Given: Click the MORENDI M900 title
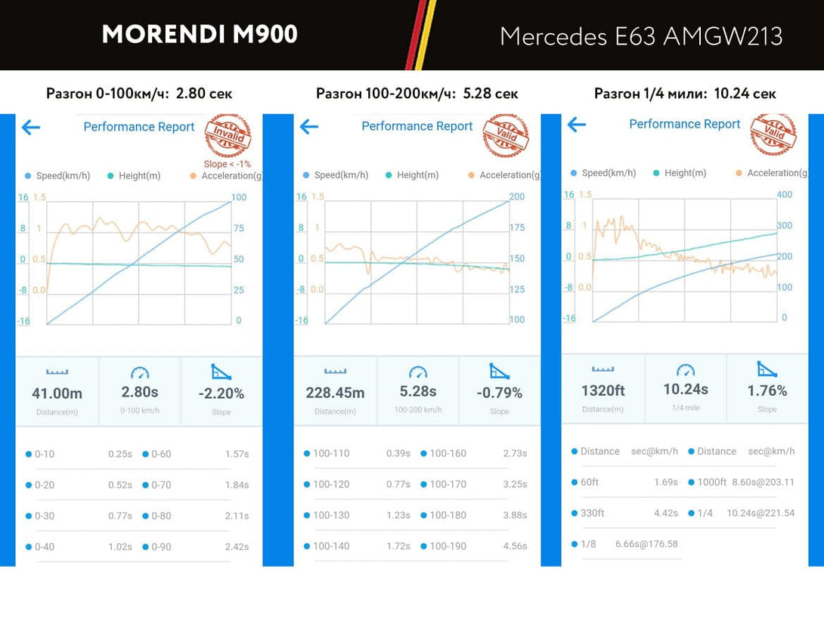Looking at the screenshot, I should click(200, 34).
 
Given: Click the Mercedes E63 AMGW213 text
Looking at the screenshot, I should click(641, 36).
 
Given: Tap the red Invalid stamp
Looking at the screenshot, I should click(228, 136).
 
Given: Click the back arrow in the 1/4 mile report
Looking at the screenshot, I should click(577, 125).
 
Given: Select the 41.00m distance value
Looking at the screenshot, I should click(57, 394).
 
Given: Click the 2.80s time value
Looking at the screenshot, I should click(140, 392).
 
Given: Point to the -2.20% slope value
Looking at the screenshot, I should click(221, 394).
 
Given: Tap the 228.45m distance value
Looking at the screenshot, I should click(335, 393).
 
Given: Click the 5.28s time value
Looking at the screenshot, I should click(418, 391).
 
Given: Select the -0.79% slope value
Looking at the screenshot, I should click(500, 393).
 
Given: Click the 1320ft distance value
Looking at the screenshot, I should click(603, 391).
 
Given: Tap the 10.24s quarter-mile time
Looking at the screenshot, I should click(686, 389).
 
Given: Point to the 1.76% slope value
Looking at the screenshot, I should click(767, 391).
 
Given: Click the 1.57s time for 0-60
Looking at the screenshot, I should click(237, 454).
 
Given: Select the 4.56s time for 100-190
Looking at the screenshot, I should click(515, 546).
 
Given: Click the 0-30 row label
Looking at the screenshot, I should click(45, 516).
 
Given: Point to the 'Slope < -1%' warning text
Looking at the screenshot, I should click(228, 164).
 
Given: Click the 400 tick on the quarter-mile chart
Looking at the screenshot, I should click(785, 194).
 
